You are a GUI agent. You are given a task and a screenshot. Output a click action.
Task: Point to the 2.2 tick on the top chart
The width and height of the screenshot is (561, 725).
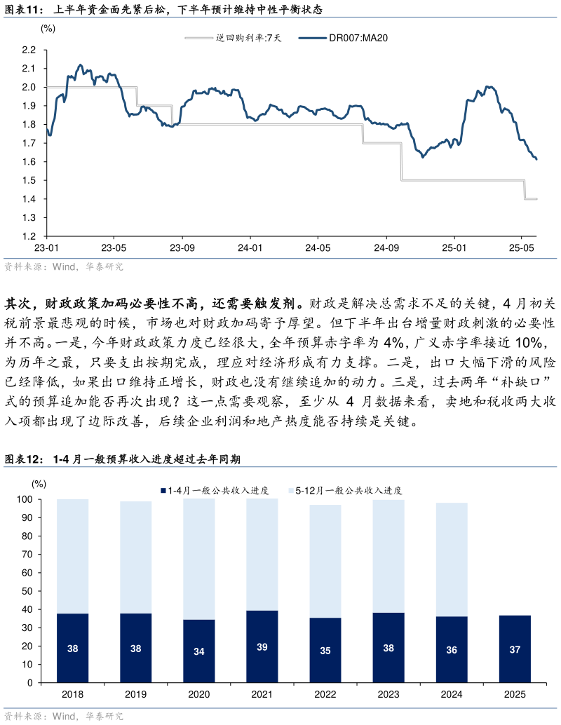29,50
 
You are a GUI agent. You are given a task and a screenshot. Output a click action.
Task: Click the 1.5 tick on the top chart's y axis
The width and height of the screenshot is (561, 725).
29,181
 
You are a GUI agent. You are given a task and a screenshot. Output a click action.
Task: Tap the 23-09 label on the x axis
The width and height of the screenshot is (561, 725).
182,248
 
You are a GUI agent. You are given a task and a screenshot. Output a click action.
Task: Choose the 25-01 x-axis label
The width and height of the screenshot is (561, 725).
454,248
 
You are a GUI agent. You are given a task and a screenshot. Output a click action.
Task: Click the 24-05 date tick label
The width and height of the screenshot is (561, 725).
318,248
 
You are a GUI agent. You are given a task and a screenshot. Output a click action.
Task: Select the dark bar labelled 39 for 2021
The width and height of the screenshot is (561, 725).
262,646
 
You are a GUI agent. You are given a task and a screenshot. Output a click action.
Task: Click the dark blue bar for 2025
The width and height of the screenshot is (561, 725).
515,649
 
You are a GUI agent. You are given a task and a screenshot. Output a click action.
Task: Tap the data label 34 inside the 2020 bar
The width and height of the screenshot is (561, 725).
199,651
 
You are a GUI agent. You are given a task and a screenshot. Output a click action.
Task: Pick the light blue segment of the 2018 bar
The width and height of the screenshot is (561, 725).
73,556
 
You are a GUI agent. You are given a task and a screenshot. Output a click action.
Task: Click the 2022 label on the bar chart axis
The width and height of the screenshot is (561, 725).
325,694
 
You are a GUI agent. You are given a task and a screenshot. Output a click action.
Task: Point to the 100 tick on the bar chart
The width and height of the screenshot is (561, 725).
25,500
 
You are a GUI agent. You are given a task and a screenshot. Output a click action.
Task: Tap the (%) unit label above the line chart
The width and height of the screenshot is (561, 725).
48,29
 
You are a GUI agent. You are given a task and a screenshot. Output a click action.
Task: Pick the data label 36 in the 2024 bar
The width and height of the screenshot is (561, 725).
452,650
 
